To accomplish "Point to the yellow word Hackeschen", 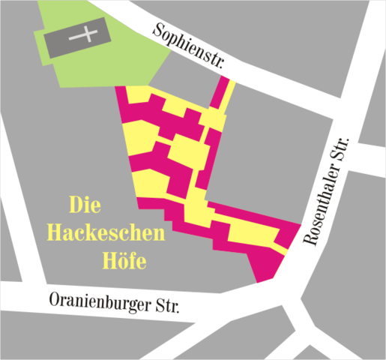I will click(106, 233).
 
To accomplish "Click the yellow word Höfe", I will click(122, 262).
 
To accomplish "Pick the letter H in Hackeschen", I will click(55, 233).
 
